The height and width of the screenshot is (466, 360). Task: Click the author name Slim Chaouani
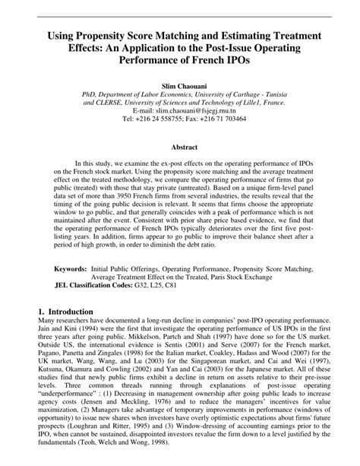point(179,77)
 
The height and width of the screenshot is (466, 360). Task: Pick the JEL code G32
point(155,287)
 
